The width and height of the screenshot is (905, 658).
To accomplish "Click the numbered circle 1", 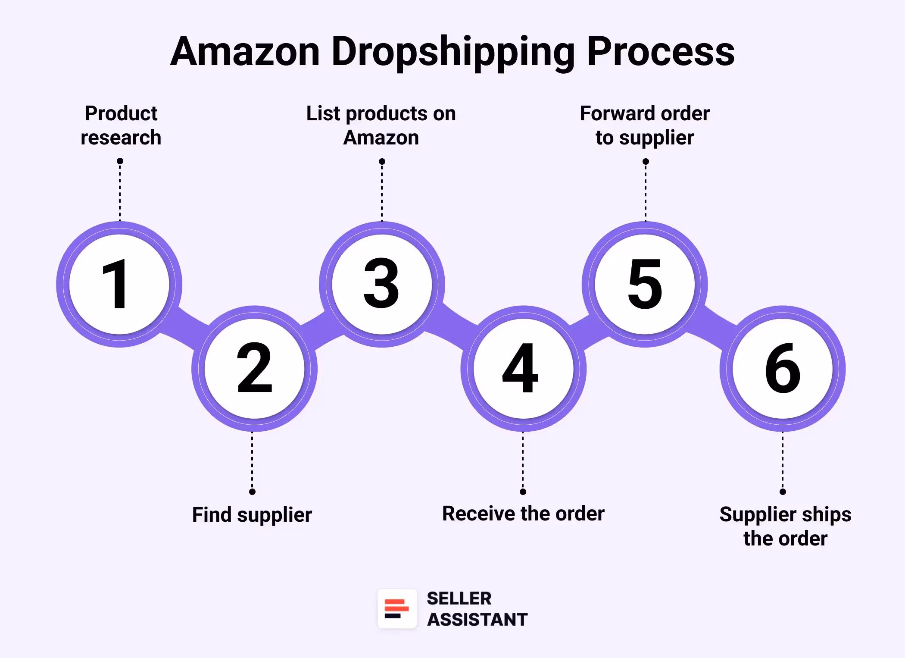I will click(x=119, y=284).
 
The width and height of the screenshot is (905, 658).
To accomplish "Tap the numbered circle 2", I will click(x=254, y=369).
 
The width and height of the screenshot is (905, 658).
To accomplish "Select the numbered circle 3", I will click(x=382, y=284).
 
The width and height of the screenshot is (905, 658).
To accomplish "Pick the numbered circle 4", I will click(x=523, y=369).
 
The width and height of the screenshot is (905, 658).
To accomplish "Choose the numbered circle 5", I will click(x=645, y=284).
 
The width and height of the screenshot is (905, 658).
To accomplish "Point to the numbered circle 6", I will click(x=783, y=369).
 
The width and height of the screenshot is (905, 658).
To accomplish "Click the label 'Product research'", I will click(x=121, y=125).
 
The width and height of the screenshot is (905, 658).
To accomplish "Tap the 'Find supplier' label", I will click(x=252, y=515).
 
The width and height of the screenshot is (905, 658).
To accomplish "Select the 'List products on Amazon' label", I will click(x=381, y=125).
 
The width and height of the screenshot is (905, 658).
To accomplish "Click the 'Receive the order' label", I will click(x=523, y=514).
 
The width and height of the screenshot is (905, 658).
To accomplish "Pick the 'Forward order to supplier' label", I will click(x=645, y=125).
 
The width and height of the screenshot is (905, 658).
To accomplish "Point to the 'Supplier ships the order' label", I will click(x=785, y=526).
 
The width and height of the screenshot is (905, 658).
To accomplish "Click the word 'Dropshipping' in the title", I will click(x=453, y=52).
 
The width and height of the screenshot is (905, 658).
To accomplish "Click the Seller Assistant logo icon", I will click(x=397, y=609).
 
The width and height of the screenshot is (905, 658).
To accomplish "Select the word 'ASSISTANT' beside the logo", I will click(x=477, y=620).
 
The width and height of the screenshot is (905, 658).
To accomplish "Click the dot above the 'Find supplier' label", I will click(x=253, y=492).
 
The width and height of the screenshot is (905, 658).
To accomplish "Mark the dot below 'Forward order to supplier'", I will click(x=646, y=162).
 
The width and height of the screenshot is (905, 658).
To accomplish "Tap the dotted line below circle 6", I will click(x=783, y=461).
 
